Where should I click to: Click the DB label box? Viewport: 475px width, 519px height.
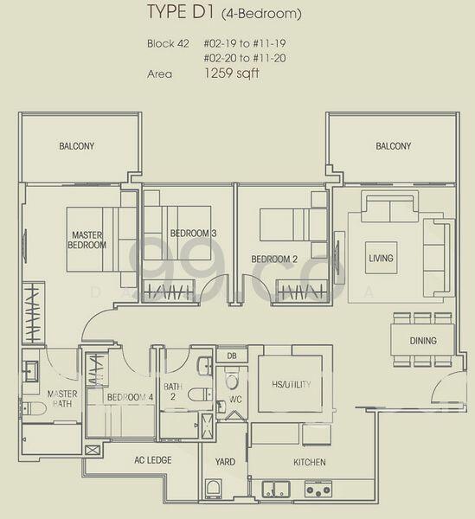(232, 356)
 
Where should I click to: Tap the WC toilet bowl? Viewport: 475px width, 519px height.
(232, 380)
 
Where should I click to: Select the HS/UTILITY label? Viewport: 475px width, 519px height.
(291, 384)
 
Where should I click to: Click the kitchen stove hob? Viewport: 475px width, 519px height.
(318, 489)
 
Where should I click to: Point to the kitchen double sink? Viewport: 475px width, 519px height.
(276, 489)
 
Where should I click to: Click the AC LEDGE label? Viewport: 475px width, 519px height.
(153, 460)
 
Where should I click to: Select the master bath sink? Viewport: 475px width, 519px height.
(30, 371)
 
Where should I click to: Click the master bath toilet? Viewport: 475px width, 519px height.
(33, 408)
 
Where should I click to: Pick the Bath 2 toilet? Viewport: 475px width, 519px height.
(200, 394)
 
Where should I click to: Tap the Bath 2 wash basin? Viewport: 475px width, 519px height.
(205, 366)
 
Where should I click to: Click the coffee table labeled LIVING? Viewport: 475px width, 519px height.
(381, 258)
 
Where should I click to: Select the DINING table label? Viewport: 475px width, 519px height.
(423, 340)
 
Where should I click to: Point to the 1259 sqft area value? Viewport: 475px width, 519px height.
(231, 74)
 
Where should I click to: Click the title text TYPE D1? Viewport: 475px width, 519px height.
(180, 12)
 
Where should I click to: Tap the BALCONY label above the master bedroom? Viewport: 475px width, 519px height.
(76, 146)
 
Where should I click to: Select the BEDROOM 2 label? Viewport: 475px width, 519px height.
(274, 259)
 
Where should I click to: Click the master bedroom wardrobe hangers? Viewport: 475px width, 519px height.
(33, 313)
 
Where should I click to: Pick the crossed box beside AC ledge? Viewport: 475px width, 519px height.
(93, 450)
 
